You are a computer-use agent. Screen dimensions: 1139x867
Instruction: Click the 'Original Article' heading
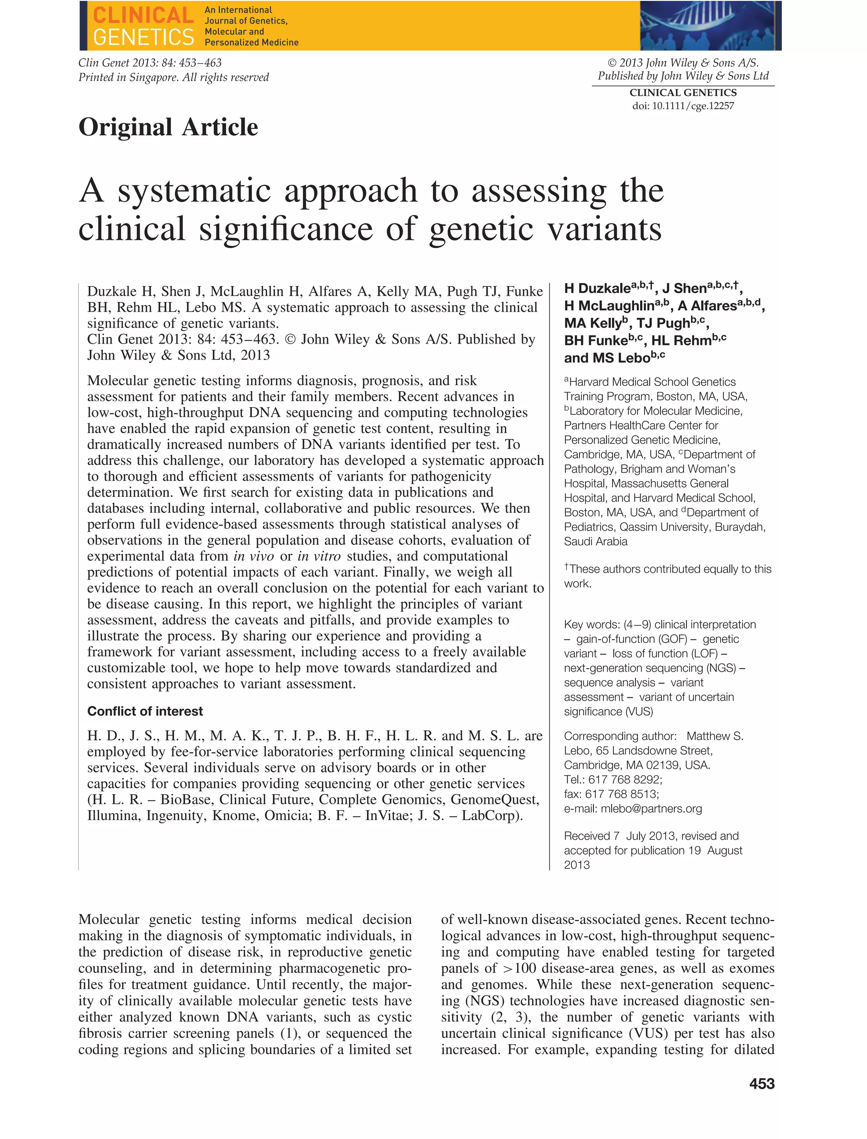168,127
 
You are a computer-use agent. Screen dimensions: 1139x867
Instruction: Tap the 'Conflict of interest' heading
145,711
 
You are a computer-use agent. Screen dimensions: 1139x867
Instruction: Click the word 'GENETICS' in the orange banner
144,37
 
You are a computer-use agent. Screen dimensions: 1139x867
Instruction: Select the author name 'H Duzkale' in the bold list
597,289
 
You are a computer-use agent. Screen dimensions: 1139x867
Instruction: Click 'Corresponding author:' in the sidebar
620,736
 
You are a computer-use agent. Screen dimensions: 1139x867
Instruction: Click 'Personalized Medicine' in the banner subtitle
251,42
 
